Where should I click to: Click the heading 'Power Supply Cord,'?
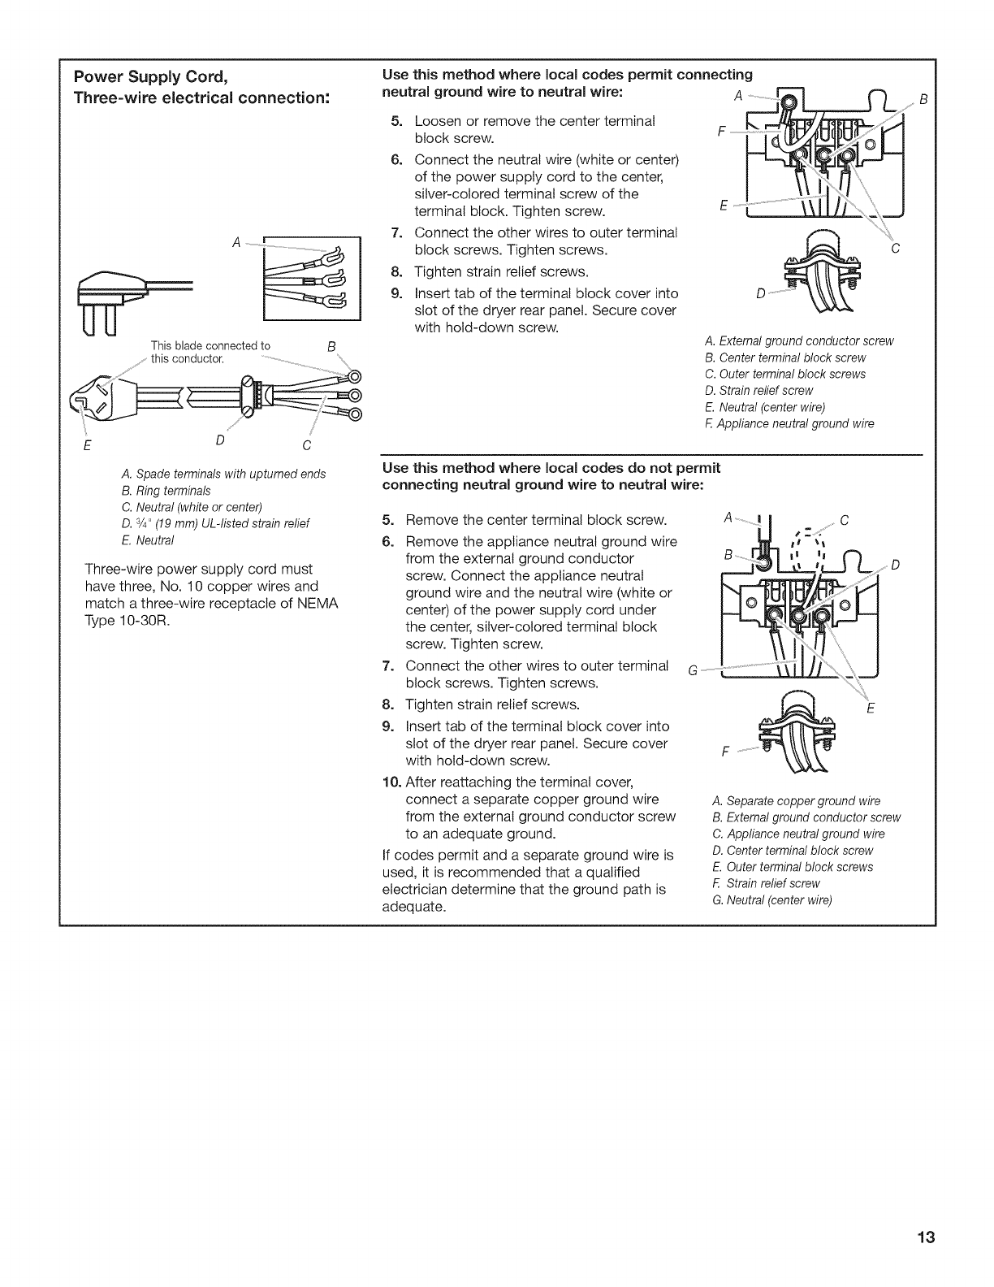(x=150, y=78)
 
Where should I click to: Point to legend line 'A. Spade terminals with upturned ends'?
(x=223, y=474)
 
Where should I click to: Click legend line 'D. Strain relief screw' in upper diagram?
(x=758, y=391)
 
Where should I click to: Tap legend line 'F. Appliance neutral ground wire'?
(x=789, y=423)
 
